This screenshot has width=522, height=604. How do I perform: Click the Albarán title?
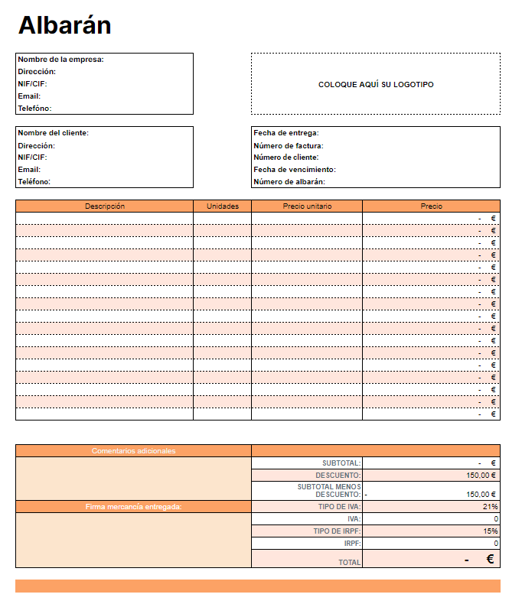(65, 25)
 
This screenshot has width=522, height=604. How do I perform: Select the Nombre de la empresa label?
(60, 59)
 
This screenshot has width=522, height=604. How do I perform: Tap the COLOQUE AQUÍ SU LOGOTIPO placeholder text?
(376, 84)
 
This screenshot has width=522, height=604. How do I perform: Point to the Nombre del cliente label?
(53, 133)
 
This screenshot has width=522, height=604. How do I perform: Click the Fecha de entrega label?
(285, 133)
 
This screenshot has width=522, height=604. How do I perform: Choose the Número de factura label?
(288, 145)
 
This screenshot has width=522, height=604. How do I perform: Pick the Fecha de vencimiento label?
(295, 170)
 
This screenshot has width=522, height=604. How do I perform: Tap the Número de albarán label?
(289, 182)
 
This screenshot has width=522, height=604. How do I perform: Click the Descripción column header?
(105, 206)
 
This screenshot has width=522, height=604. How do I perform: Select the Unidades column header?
(223, 206)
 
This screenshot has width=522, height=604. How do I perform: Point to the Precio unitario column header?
(307, 206)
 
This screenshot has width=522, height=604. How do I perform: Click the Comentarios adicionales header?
(133, 451)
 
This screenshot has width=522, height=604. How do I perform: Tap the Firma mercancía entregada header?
(133, 506)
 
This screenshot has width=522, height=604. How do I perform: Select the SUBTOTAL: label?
(341, 463)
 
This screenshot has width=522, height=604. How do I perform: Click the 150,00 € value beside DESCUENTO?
(481, 476)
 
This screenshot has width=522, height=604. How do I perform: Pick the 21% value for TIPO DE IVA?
(491, 506)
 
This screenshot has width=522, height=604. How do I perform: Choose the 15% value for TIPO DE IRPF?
(491, 531)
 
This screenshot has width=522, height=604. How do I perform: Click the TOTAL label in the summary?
(350, 563)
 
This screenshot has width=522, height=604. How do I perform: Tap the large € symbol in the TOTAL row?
(491, 559)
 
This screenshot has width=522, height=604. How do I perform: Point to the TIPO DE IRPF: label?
(337, 531)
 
